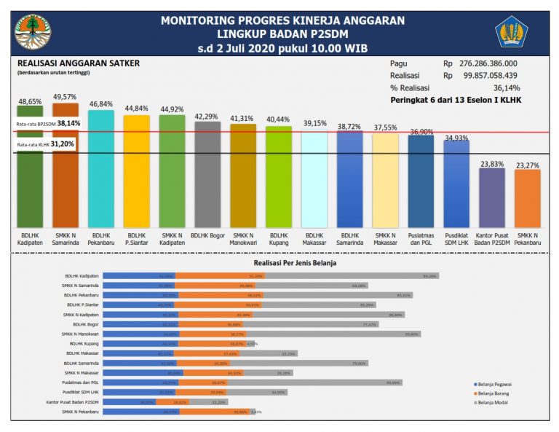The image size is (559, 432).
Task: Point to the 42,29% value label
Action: click(207, 116)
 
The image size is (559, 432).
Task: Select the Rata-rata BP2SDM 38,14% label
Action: click(48, 124)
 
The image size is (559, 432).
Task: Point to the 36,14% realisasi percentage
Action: click(507, 87)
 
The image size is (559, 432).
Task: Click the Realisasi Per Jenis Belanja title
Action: click(295, 262)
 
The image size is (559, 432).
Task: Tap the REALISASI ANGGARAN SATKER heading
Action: click(78, 63)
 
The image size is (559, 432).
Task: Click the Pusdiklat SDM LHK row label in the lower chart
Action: click(81, 392)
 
